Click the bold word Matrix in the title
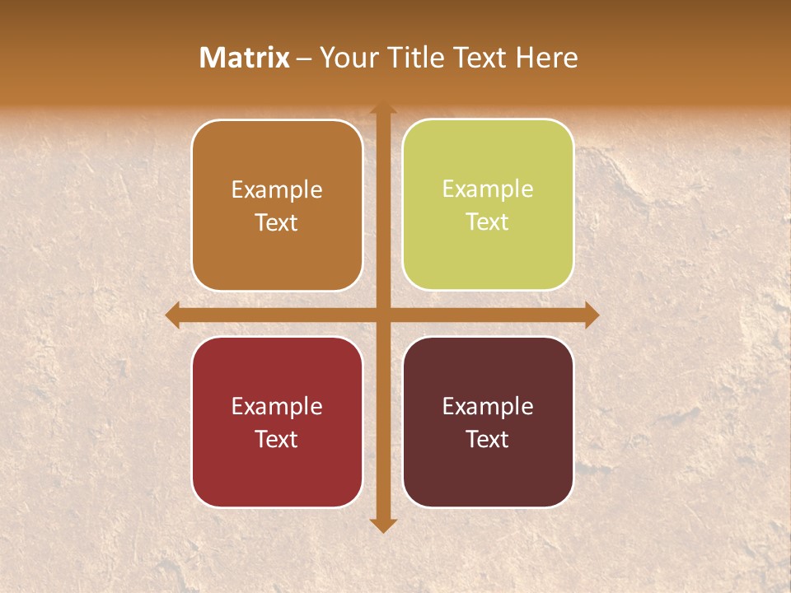click(245, 57)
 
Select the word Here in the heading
click(546, 57)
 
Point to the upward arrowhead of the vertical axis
click(383, 109)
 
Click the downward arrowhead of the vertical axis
click(383, 525)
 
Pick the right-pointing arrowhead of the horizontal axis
click(591, 315)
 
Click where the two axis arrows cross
click(383, 315)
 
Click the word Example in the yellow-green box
click(488, 189)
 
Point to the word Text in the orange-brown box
click(277, 222)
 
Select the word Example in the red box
click(277, 406)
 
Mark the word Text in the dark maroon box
click(488, 439)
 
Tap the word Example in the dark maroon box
click(488, 406)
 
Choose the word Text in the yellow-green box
click(488, 222)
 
